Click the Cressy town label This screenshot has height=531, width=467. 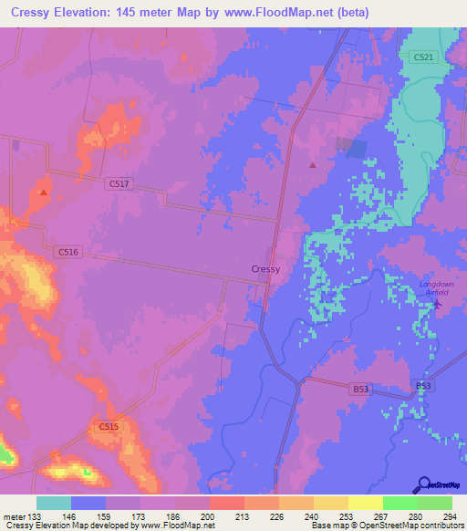[x=265, y=269]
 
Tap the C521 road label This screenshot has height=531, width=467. [x=423, y=57]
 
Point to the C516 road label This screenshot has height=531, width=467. [x=67, y=251]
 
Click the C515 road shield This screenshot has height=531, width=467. [x=108, y=426]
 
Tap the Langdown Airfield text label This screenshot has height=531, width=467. [x=435, y=287]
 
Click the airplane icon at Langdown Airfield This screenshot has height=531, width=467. [x=435, y=304]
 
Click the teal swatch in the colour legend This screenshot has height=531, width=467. [x=54, y=503]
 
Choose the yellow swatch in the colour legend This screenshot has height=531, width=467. [x=365, y=503]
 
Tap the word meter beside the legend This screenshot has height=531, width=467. [x=10, y=516]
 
